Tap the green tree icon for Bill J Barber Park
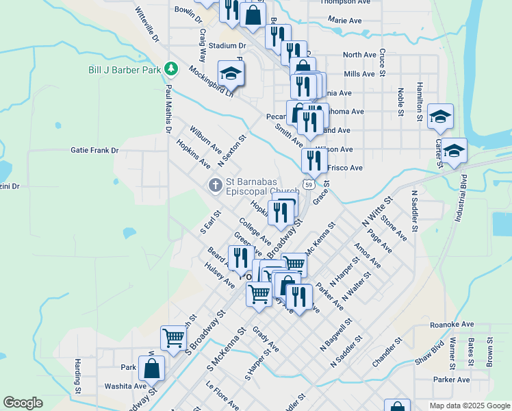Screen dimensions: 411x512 coord(173,69)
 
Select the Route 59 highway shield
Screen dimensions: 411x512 coord(310,185)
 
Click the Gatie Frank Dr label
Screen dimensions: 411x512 coord(94,150)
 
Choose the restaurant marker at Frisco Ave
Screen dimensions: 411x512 coord(314,161)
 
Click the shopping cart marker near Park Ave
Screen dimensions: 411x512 coord(174,337)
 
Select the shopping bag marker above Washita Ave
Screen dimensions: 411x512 coord(152,369)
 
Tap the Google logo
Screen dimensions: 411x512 coord(23,403)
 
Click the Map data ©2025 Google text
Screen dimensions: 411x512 coord(470,406)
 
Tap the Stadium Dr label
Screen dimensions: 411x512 coord(228,46)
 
